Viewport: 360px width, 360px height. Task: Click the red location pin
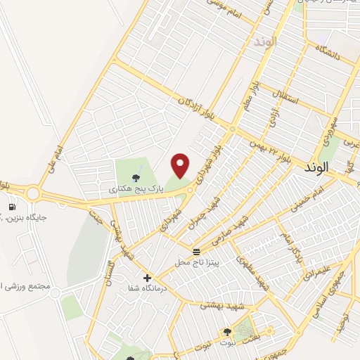[x=181, y=165]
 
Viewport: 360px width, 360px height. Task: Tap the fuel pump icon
[x=13, y=207]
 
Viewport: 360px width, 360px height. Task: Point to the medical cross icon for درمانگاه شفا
[x=147, y=278]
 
